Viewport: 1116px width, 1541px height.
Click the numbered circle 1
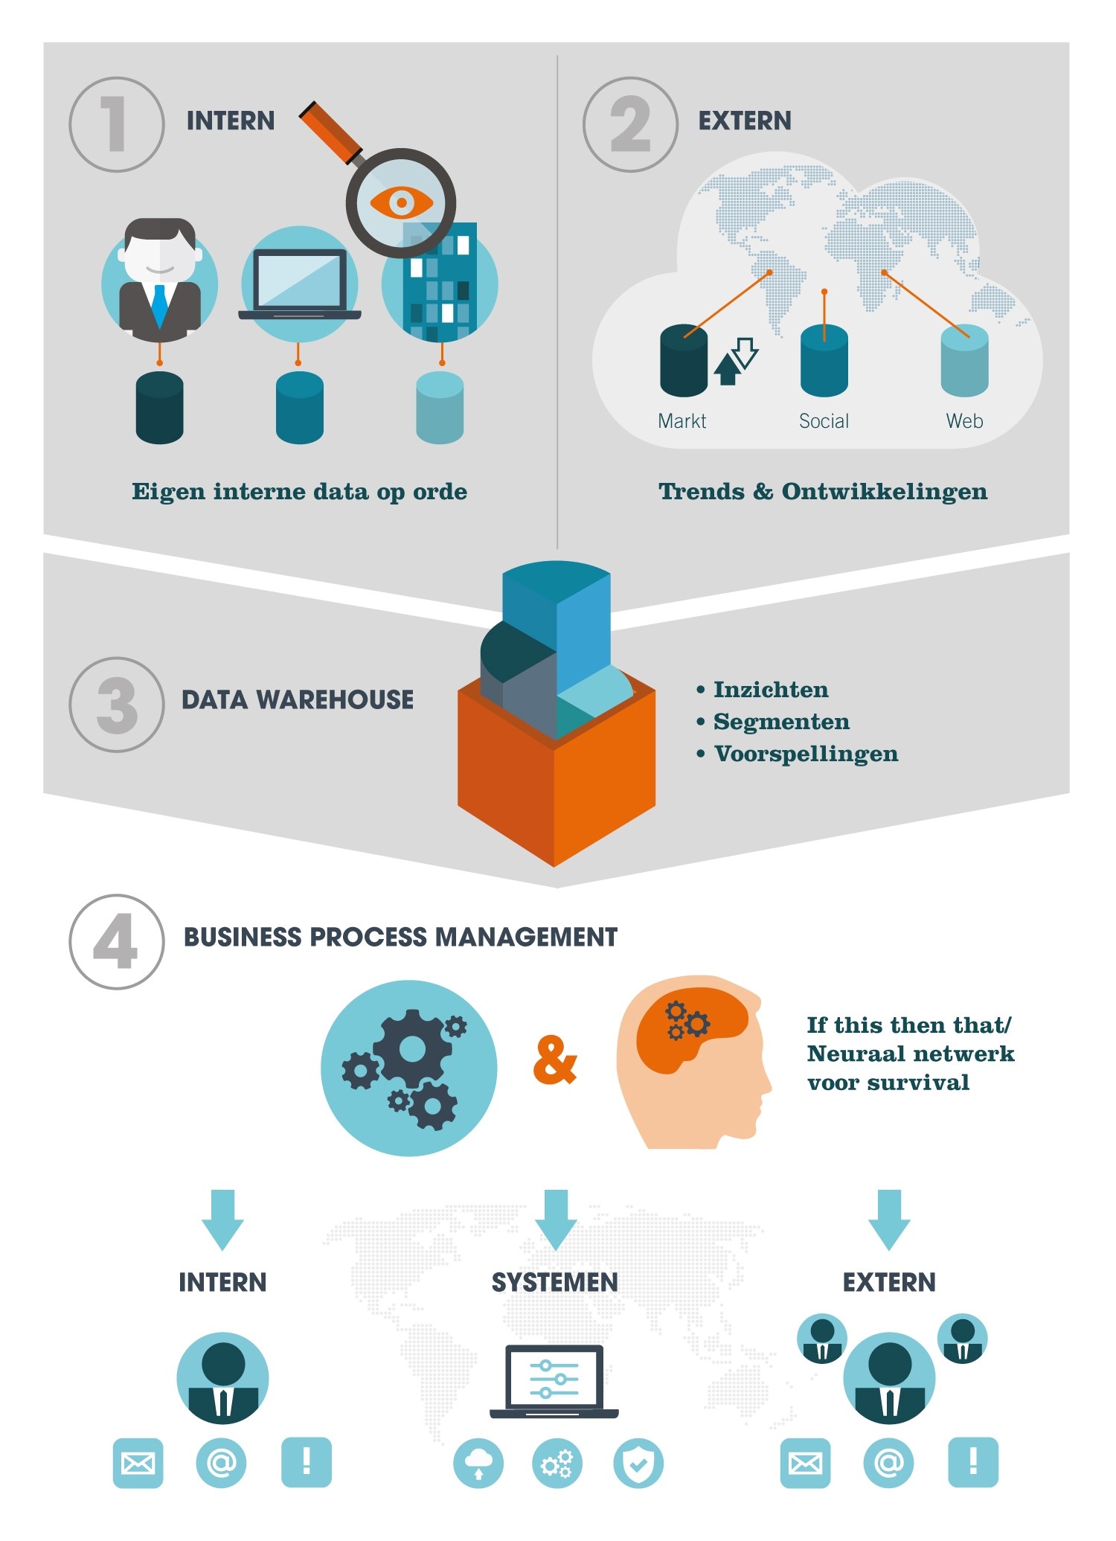pos(116,124)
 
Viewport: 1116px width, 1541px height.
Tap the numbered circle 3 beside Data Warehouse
pos(116,704)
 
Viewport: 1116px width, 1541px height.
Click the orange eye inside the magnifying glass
pos(401,202)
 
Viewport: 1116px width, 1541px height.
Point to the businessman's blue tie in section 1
pos(159,306)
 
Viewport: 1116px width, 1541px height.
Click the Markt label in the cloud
pos(682,421)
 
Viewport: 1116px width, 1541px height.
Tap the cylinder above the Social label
pos(824,361)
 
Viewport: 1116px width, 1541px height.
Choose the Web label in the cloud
pos(964,421)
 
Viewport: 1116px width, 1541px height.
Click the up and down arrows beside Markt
pos(736,361)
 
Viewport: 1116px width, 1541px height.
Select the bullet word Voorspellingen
pos(806,755)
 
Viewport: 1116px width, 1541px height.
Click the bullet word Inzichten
pos(771,690)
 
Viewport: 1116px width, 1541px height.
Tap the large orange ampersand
pos(555,1061)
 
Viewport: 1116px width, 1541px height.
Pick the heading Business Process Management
pos(400,937)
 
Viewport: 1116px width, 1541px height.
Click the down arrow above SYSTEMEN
pos(555,1220)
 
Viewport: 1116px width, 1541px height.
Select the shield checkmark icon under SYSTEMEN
pos(638,1463)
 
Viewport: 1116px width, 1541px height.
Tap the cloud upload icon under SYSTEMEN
pos(478,1463)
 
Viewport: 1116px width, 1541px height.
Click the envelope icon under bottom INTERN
pos(138,1463)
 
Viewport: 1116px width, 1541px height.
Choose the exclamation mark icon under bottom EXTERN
pos(973,1463)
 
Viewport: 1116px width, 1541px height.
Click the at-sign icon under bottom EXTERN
pos(889,1463)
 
